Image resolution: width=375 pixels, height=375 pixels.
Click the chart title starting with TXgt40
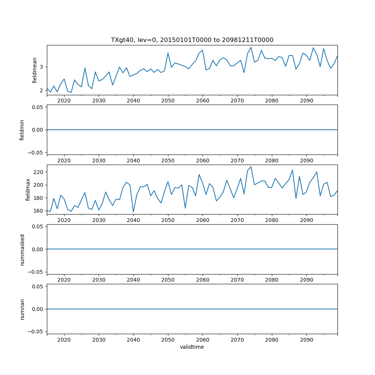pyautogui.click(x=192, y=40)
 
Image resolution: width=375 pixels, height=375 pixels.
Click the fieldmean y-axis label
pyautogui.click(x=34, y=70)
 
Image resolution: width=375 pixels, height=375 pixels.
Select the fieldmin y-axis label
pyautogui.click(x=22, y=130)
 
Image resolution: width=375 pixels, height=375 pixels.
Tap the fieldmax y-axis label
pyautogui.click(x=28, y=190)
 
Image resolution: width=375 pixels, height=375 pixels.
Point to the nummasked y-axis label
pyautogui.click(x=22, y=249)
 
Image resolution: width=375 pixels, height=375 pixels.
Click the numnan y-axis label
pyautogui.click(x=22, y=309)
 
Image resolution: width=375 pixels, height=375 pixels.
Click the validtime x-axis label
pyautogui.click(x=192, y=347)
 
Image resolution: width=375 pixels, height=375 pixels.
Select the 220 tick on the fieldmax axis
pyautogui.click(x=39, y=172)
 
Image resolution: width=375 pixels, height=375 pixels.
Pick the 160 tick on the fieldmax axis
pyautogui.click(x=39, y=211)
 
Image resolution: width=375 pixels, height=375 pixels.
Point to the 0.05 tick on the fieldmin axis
pyautogui.click(x=37, y=107)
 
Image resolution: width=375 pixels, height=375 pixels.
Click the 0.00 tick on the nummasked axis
pyautogui.click(x=37, y=249)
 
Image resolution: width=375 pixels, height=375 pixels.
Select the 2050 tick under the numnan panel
pyautogui.click(x=168, y=340)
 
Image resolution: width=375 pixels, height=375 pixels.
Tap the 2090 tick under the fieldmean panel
pyautogui.click(x=306, y=101)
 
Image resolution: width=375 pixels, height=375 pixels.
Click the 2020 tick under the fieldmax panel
pyautogui.click(x=64, y=220)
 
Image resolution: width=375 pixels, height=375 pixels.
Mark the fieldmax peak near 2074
pyautogui.click(x=251, y=167)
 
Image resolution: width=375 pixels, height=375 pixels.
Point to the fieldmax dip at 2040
pyautogui.click(x=133, y=212)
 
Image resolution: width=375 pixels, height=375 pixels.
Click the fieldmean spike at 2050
pyautogui.click(x=168, y=53)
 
